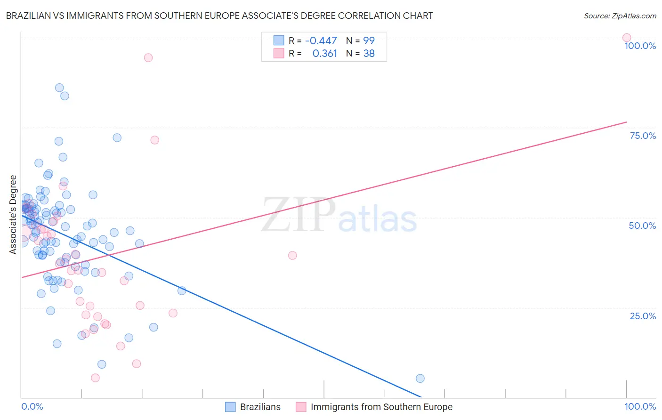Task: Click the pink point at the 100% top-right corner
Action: point(626,38)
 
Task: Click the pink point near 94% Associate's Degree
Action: point(148,57)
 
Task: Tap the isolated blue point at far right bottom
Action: point(420,379)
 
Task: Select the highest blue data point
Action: point(59,88)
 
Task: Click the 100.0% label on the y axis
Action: point(640,46)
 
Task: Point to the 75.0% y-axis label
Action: point(643,136)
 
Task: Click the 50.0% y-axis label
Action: point(642,226)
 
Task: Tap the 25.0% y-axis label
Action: point(643,316)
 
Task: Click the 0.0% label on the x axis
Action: point(32,406)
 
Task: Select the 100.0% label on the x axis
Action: point(640,406)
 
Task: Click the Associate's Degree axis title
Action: point(13,214)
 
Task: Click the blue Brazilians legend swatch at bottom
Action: point(230,407)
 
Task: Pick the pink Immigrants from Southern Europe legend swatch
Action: point(301,407)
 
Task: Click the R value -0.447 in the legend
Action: point(321,41)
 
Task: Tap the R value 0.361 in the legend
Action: point(324,54)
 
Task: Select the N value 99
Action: point(369,41)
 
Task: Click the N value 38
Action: point(369,54)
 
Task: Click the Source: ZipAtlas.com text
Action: point(620,16)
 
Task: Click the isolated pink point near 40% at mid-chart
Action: point(292,255)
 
